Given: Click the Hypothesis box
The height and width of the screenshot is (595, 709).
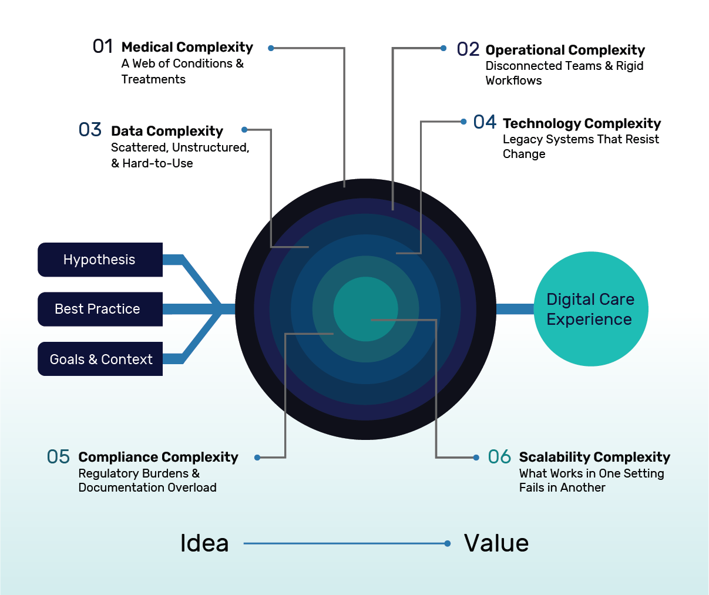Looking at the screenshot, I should [x=100, y=260].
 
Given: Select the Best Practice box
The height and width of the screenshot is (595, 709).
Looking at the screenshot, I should [x=100, y=309].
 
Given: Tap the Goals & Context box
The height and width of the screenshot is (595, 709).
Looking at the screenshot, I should [x=100, y=359].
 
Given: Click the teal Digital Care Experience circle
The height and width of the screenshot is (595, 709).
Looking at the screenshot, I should [x=590, y=309].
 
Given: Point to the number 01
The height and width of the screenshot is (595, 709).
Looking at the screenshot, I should [x=103, y=46].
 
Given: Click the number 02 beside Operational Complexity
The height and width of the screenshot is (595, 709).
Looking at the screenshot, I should [x=468, y=49].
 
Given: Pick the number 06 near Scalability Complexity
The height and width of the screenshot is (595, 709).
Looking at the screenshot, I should [x=499, y=456].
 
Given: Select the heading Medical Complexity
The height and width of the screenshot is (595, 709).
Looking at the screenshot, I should [x=187, y=47].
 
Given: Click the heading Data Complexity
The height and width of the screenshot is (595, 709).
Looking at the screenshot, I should [x=167, y=131].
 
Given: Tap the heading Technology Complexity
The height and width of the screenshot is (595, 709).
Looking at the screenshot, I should [x=582, y=123].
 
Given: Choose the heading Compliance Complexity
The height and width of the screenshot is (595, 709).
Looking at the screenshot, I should [x=158, y=457].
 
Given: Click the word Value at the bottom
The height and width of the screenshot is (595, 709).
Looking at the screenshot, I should [x=496, y=543].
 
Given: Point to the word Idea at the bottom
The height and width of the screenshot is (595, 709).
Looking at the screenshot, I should [x=204, y=543].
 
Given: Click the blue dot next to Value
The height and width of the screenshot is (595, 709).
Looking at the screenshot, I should [x=448, y=543].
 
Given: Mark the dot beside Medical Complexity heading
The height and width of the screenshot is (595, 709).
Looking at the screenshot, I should [x=271, y=48].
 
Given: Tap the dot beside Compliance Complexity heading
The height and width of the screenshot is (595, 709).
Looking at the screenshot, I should [x=257, y=458].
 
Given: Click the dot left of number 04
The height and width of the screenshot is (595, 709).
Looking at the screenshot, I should [x=463, y=122].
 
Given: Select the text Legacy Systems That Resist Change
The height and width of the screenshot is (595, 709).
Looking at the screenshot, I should [x=580, y=146].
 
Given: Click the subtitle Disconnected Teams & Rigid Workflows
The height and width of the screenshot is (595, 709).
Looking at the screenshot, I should [x=564, y=73].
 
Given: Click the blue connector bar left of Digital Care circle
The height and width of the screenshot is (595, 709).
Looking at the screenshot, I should [x=515, y=309].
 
